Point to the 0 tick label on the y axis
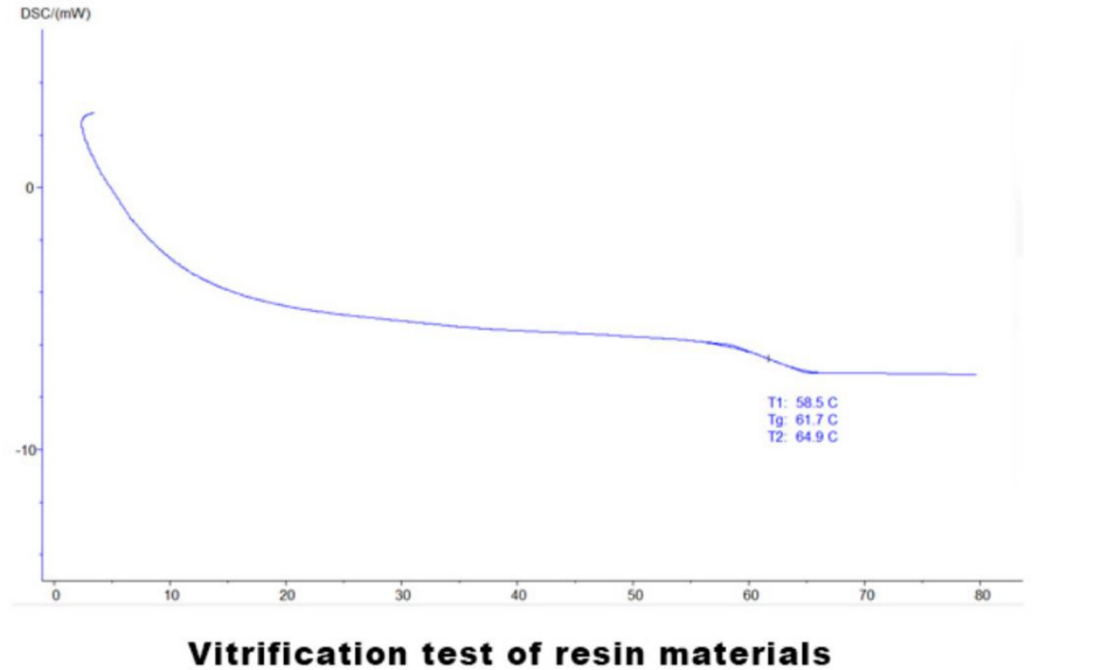coord(28,187)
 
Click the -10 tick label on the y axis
coord(24,450)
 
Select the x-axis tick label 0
coord(54,596)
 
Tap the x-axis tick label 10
coord(171,596)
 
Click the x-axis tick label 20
coord(287,596)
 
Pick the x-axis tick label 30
coord(403,596)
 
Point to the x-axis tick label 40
coord(518,596)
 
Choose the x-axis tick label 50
coord(634,596)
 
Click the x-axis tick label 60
coord(750,596)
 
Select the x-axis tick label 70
coord(866,596)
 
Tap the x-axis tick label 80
coord(982,596)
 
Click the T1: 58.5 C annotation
coord(795,402)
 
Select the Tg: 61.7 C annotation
coord(795,420)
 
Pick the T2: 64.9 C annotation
coord(795,438)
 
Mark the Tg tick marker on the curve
coord(768,359)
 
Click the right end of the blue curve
coord(975,374)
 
